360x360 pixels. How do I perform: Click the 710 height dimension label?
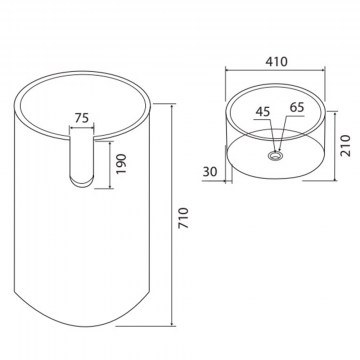(184, 218)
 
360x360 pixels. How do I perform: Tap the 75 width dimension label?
(83, 118)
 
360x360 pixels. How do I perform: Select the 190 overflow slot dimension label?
(121, 163)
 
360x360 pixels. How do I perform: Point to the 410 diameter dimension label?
(276, 61)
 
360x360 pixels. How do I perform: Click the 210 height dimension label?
(346, 145)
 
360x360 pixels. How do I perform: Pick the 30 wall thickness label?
(210, 171)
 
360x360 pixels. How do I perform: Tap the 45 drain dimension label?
(263, 112)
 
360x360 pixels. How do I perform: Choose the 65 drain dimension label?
(297, 107)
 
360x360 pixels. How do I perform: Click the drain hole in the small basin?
(275, 155)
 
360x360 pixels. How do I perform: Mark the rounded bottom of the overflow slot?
(82, 181)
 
